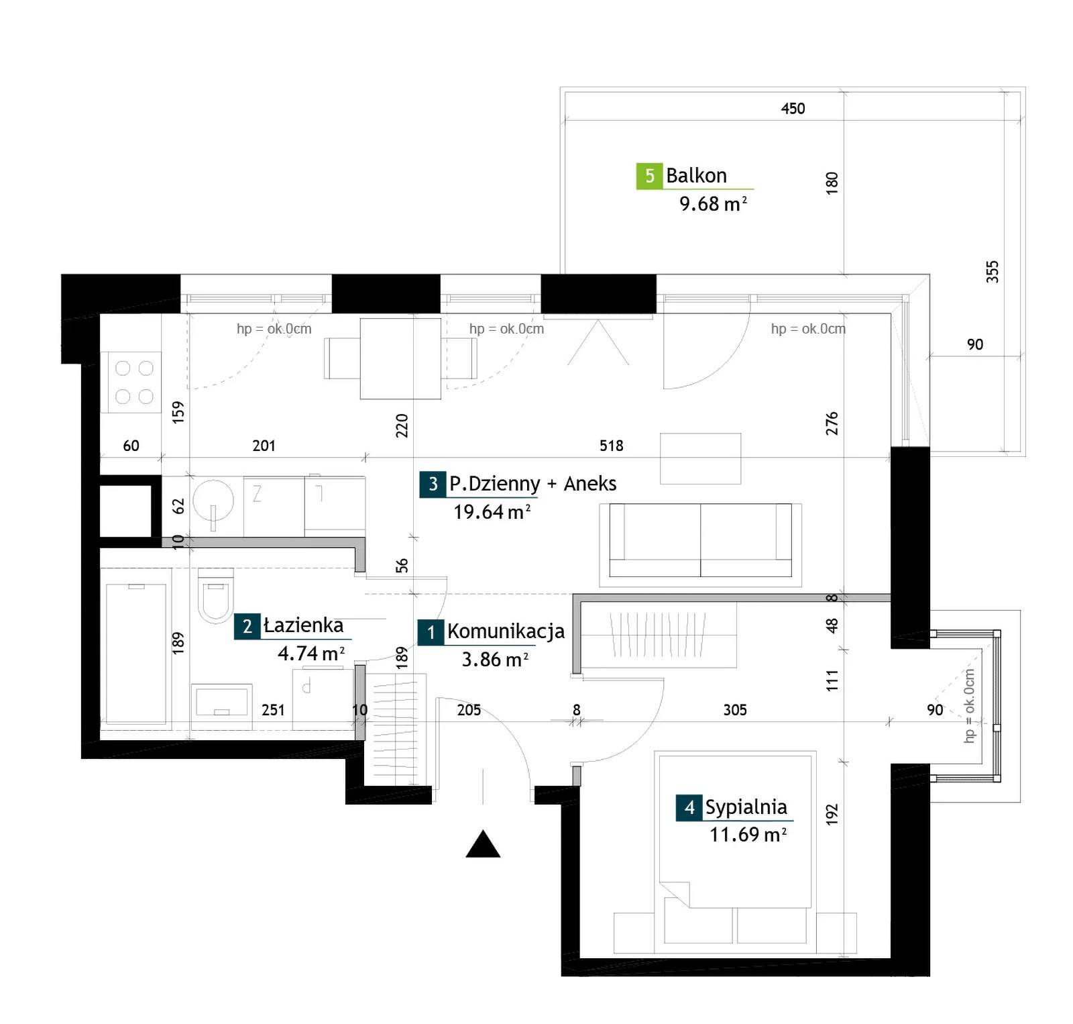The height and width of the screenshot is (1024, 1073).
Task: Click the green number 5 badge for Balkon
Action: coord(649,176)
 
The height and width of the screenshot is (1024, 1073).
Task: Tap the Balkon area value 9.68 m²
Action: coord(713,203)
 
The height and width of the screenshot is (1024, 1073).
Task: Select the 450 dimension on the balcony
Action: coord(793,109)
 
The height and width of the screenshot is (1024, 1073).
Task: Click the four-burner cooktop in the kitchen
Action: coord(132,382)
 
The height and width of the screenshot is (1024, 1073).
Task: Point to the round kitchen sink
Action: coord(213,500)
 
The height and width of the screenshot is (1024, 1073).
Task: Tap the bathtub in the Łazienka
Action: coord(135,654)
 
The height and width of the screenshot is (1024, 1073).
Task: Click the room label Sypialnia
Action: coord(746,807)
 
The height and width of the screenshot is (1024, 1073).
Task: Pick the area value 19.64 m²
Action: coord(492,512)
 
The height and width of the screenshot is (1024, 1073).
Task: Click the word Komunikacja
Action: coord(506,631)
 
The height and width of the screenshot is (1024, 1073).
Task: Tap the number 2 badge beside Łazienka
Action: coord(247,626)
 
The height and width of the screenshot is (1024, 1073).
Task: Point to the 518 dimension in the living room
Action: coord(611,446)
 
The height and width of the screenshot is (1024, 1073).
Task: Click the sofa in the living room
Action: coord(700,540)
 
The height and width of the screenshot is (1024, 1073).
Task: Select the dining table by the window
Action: coord(400,359)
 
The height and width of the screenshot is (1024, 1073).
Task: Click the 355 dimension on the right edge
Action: coord(993,271)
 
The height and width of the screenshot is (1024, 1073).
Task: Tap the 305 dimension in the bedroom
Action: coord(735,710)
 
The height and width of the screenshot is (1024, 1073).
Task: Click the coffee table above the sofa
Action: coord(701,458)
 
